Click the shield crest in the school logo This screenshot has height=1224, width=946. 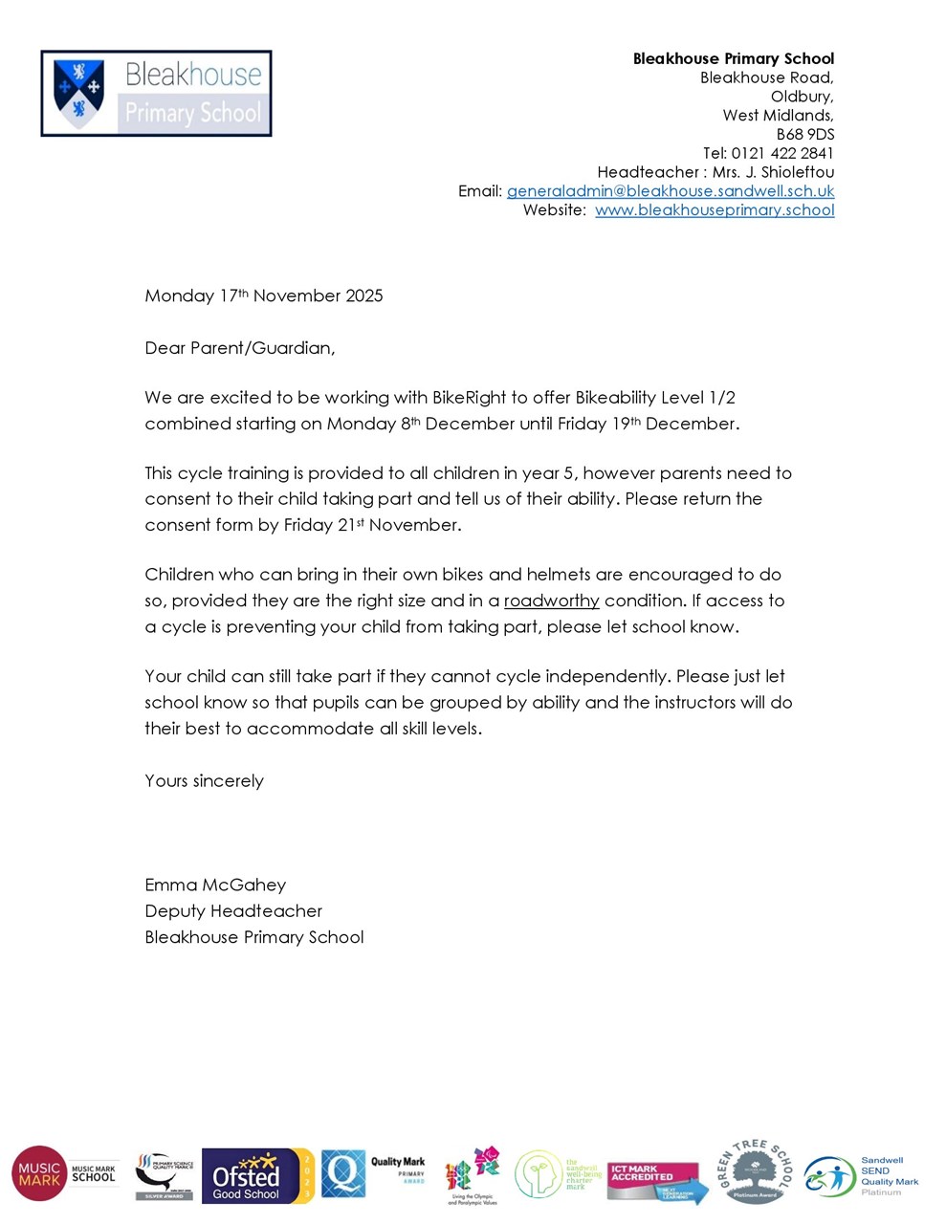pos(79,93)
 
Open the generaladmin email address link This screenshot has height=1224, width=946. pos(670,191)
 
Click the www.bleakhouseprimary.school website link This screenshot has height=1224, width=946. pos(715,210)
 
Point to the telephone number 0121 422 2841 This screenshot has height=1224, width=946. pos(782,153)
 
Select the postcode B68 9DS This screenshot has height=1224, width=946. pos(804,134)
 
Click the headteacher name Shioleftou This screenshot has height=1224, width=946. pos(797,172)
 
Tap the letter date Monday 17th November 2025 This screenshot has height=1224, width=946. pos(263,295)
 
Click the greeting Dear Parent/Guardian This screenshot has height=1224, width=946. pos(239,348)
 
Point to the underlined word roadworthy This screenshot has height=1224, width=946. pos(551,601)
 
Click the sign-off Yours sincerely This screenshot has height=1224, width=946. pos(204,781)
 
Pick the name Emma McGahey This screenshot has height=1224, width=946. pos(215,885)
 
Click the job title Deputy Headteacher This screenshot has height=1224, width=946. pos(233,911)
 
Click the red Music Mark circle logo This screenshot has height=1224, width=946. pos(39,1173)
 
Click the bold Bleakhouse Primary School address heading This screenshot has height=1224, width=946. pos(733,58)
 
